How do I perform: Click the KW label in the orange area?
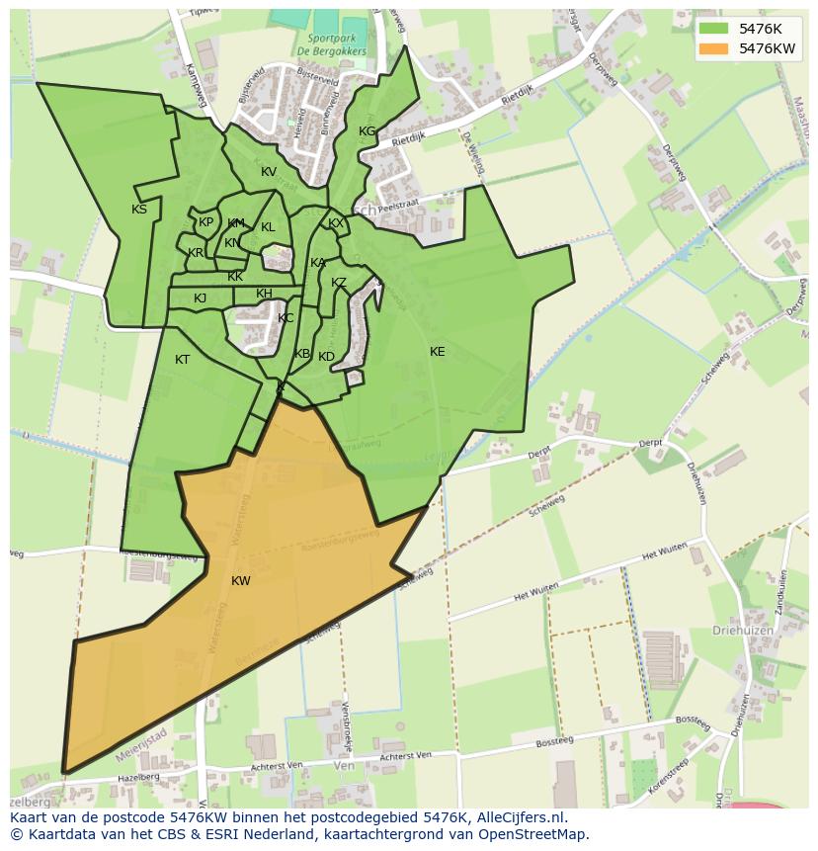[x=240, y=581]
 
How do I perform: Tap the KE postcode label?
[x=437, y=352]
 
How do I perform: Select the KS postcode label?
[x=139, y=210]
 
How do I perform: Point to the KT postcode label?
[x=182, y=360]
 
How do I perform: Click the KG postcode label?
[x=367, y=131]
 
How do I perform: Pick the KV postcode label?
[x=269, y=172]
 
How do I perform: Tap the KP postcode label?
[x=205, y=222]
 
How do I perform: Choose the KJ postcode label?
[x=200, y=298]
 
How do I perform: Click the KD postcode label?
[x=326, y=357]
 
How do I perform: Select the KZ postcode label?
[x=339, y=283]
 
